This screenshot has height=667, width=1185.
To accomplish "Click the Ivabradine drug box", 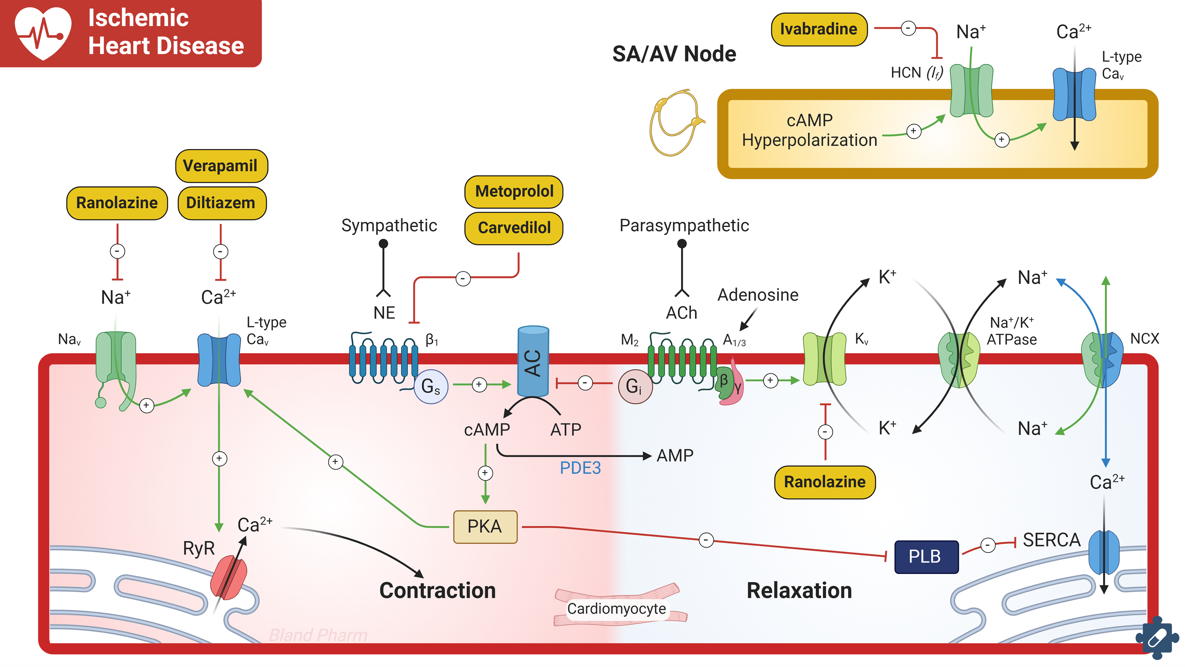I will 819,29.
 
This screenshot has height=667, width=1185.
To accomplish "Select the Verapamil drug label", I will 221,166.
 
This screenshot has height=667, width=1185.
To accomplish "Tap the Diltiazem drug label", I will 221,203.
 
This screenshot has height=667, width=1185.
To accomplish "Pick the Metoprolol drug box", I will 514,191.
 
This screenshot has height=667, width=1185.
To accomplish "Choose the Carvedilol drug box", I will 514,228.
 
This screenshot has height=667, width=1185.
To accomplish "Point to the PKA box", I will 485,527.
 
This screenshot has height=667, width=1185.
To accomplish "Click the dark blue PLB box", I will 926,557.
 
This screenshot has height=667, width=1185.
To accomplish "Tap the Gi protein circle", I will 634,386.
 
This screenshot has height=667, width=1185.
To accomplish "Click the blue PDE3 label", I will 580,468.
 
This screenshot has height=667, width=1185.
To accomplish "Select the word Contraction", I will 438,590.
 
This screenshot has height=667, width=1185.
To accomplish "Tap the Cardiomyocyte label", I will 617,609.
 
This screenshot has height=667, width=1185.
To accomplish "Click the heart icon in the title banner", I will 43,32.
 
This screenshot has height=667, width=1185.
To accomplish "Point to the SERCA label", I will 1051,540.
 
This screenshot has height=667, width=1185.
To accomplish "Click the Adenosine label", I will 758,295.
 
